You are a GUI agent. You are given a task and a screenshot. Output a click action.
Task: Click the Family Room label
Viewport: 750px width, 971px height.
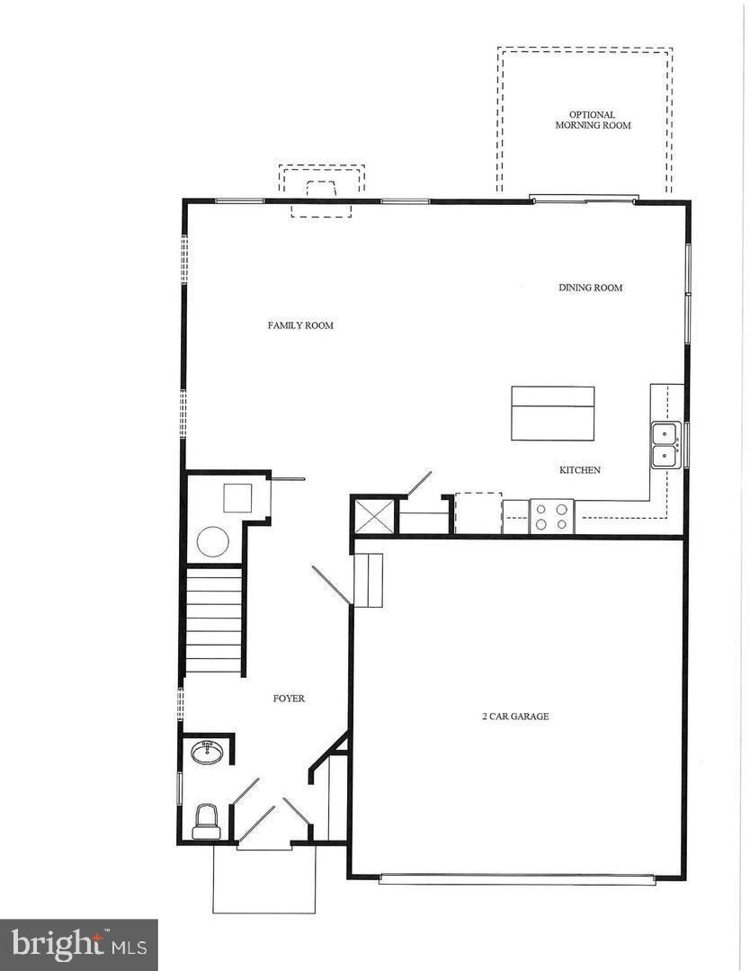[x=300, y=325]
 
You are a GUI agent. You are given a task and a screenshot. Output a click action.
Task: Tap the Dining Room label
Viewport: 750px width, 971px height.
[x=590, y=288]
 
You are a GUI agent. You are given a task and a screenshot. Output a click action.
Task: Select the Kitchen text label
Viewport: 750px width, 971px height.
[x=579, y=470]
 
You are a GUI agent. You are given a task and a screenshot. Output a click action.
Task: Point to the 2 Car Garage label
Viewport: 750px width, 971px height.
[x=514, y=717]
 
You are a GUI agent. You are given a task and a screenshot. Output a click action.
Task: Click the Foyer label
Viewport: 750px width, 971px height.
[x=289, y=699]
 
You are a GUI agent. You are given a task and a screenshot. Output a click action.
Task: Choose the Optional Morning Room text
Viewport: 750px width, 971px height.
[x=592, y=120]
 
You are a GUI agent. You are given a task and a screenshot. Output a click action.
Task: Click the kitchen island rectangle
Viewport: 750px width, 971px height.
[x=552, y=414]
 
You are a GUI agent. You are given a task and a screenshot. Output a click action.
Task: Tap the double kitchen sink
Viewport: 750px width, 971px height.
[x=665, y=445]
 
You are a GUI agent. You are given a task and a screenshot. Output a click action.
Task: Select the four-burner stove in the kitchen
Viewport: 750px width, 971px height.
[x=551, y=516]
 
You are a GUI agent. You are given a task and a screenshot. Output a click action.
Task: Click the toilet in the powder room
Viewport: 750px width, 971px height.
[x=207, y=820]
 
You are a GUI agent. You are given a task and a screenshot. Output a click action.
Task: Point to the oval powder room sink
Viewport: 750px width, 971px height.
[x=209, y=753]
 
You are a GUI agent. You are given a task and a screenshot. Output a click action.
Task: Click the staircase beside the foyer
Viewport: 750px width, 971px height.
[x=214, y=620]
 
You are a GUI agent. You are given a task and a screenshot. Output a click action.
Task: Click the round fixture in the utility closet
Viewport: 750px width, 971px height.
[x=213, y=541]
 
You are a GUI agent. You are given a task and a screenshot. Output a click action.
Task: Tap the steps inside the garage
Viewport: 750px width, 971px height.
[x=368, y=580]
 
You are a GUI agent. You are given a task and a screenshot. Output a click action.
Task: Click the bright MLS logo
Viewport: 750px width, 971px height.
[x=78, y=944]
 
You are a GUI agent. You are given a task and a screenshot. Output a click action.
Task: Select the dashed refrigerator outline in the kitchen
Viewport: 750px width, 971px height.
[x=478, y=512]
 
